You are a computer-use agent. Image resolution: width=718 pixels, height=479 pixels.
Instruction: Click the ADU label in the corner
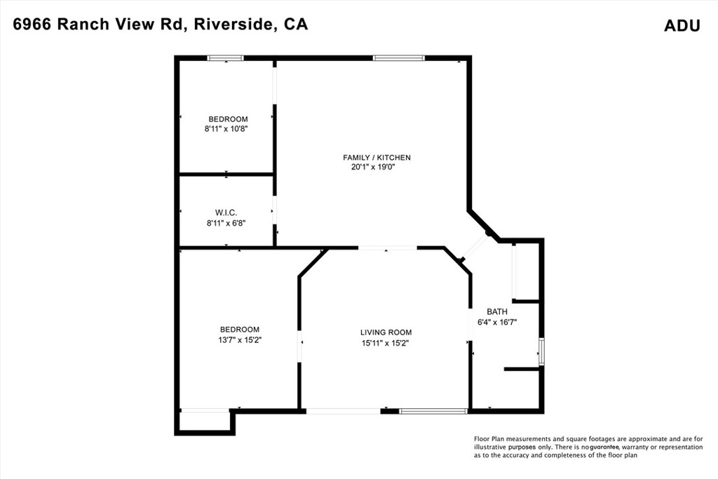pyautogui.click(x=682, y=26)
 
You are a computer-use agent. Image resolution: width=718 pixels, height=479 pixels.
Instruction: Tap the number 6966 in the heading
pyautogui.click(x=32, y=25)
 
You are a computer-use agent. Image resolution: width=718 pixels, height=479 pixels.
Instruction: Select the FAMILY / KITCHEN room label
pyautogui.click(x=377, y=158)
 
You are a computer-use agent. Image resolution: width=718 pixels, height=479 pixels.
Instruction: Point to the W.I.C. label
pyautogui.click(x=226, y=212)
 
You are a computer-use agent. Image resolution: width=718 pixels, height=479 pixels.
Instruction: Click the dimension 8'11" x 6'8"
pyautogui.click(x=226, y=223)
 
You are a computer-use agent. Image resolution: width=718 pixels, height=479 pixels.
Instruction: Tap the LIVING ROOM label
pyautogui.click(x=386, y=332)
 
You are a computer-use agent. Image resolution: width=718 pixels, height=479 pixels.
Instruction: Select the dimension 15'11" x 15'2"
pyautogui.click(x=384, y=343)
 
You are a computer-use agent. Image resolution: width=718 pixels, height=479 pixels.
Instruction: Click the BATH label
pyautogui.click(x=497, y=311)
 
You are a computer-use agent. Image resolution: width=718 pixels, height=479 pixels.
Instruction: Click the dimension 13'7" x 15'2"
pyautogui.click(x=239, y=339)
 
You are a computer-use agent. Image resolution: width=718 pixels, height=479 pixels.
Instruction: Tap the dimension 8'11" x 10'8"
pyautogui.click(x=227, y=129)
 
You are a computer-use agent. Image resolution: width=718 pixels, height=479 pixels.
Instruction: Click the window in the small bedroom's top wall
pyautogui.click(x=225, y=58)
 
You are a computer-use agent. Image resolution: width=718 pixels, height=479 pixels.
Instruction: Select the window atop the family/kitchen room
pyautogui.click(x=399, y=58)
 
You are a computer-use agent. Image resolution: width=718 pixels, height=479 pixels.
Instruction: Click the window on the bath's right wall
pyautogui.click(x=541, y=351)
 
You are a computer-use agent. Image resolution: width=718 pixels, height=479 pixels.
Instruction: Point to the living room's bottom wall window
pyautogui.click(x=433, y=411)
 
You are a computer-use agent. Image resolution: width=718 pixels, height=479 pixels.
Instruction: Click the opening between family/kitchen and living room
pyautogui.click(x=388, y=248)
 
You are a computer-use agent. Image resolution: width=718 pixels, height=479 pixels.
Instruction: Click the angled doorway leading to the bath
pyautogui.click(x=475, y=248)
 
